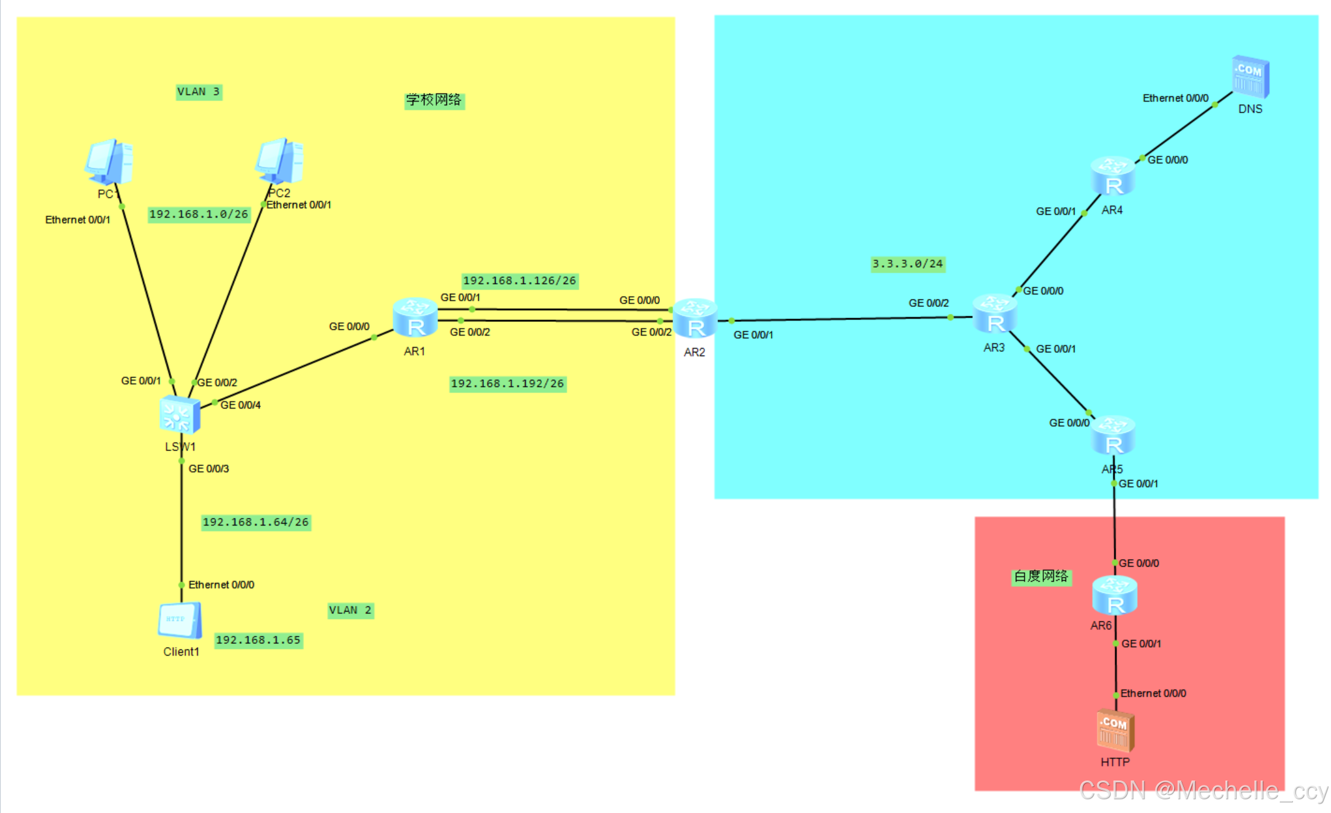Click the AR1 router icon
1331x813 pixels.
coord(415,318)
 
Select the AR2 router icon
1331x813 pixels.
coord(695,319)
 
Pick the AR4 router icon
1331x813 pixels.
coord(1112,177)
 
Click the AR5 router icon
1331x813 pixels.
coord(1113,436)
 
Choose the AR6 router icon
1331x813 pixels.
coord(1114,595)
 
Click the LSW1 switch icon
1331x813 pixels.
coord(180,414)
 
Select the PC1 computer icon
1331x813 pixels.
coord(109,162)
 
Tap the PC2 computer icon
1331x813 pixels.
coord(280,160)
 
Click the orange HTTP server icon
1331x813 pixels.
coord(1116,731)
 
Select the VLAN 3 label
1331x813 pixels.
coord(199,92)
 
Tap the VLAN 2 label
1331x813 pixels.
coord(350,610)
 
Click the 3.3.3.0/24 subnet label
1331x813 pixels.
coord(908,264)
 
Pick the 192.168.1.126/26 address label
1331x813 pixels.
coord(519,281)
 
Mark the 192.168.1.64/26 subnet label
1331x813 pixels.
coord(256,522)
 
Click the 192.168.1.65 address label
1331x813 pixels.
coord(258,640)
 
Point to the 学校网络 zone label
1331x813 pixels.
coord(434,100)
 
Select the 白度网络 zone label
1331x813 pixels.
coord(1041,577)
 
